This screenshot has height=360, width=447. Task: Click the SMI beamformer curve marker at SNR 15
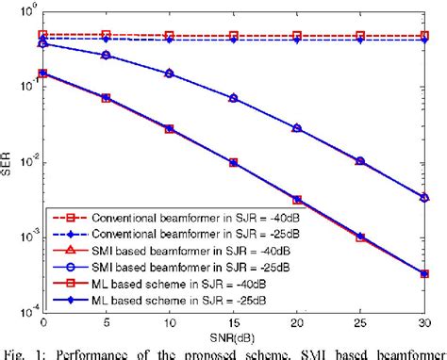coord(233,99)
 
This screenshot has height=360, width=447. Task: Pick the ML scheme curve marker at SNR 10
coord(170,128)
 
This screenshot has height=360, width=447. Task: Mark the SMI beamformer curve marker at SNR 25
coord(360,161)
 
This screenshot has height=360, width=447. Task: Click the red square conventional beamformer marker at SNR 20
coord(297,36)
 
